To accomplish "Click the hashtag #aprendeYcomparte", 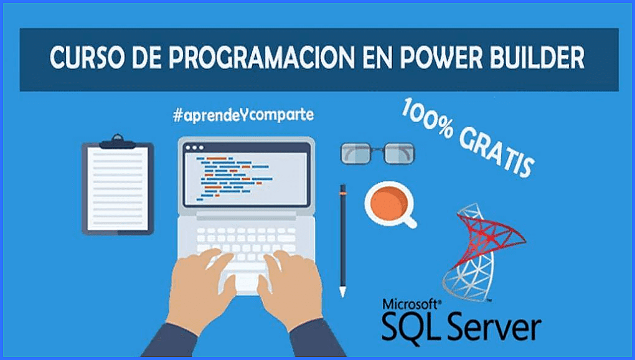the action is click(x=243, y=115).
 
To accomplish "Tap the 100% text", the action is click(x=427, y=118).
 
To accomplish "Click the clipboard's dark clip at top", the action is click(x=118, y=142).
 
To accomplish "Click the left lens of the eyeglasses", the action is click(x=355, y=153).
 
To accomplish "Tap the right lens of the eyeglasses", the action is click(x=399, y=153).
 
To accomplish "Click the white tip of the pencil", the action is click(x=343, y=291).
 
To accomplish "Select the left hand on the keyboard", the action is click(x=200, y=283).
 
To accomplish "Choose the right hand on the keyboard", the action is click(x=290, y=283).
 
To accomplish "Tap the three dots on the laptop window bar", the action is click(x=194, y=148).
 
